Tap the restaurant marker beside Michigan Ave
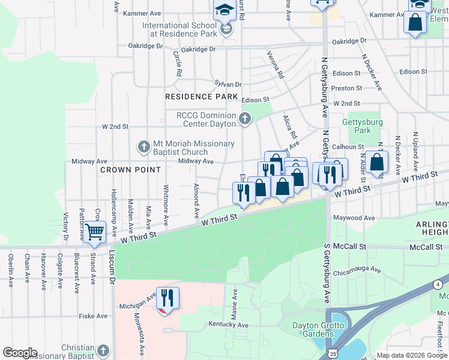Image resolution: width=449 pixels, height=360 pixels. [x=167, y=298]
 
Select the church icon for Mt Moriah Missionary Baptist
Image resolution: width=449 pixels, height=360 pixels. [x=143, y=146]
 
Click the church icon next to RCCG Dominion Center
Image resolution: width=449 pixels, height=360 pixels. [x=244, y=119]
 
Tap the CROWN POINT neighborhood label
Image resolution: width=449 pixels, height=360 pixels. [x=131, y=170]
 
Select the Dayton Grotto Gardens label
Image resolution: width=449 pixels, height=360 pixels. [x=318, y=330]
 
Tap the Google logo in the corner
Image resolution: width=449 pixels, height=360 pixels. [x=20, y=353]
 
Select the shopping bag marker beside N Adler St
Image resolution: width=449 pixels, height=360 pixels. [x=376, y=163]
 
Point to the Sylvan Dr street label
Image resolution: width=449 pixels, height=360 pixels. [x=228, y=85]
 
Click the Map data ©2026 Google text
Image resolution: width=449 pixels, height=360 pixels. [x=412, y=355]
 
